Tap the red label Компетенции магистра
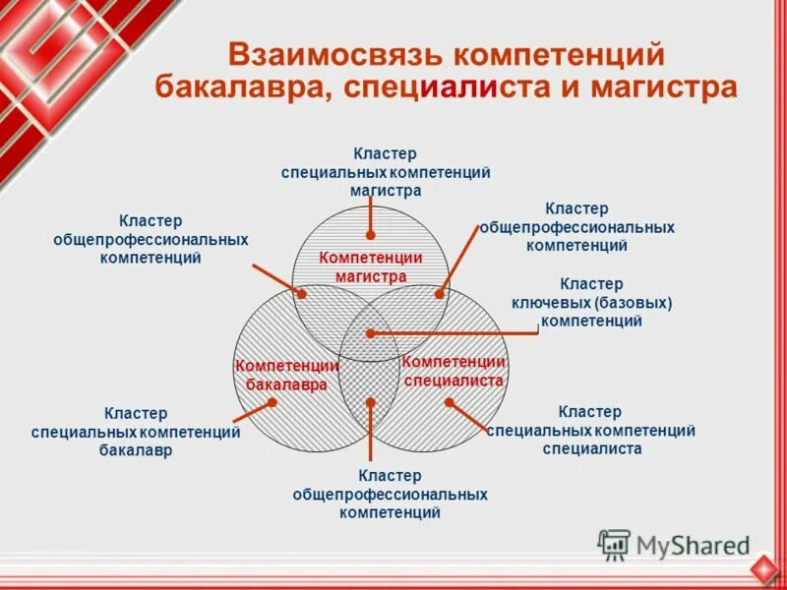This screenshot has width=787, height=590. point(371,266)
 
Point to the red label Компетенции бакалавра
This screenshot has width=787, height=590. point(286,376)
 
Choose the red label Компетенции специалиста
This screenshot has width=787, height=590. point(454,371)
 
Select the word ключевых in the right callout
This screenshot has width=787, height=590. point(551,303)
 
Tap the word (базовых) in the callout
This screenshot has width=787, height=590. point(634,303)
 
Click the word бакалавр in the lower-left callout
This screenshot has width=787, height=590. point(136,450)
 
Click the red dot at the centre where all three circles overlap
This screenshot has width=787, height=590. point(371,333)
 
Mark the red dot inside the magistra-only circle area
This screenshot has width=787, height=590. point(371,235)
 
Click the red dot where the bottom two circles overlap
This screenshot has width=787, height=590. point(371,401)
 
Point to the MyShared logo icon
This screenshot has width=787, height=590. point(614,544)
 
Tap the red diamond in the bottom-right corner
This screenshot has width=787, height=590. point(764,569)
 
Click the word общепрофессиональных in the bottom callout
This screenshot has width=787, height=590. point(390,495)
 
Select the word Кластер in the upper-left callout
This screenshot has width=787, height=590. point(151,221)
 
